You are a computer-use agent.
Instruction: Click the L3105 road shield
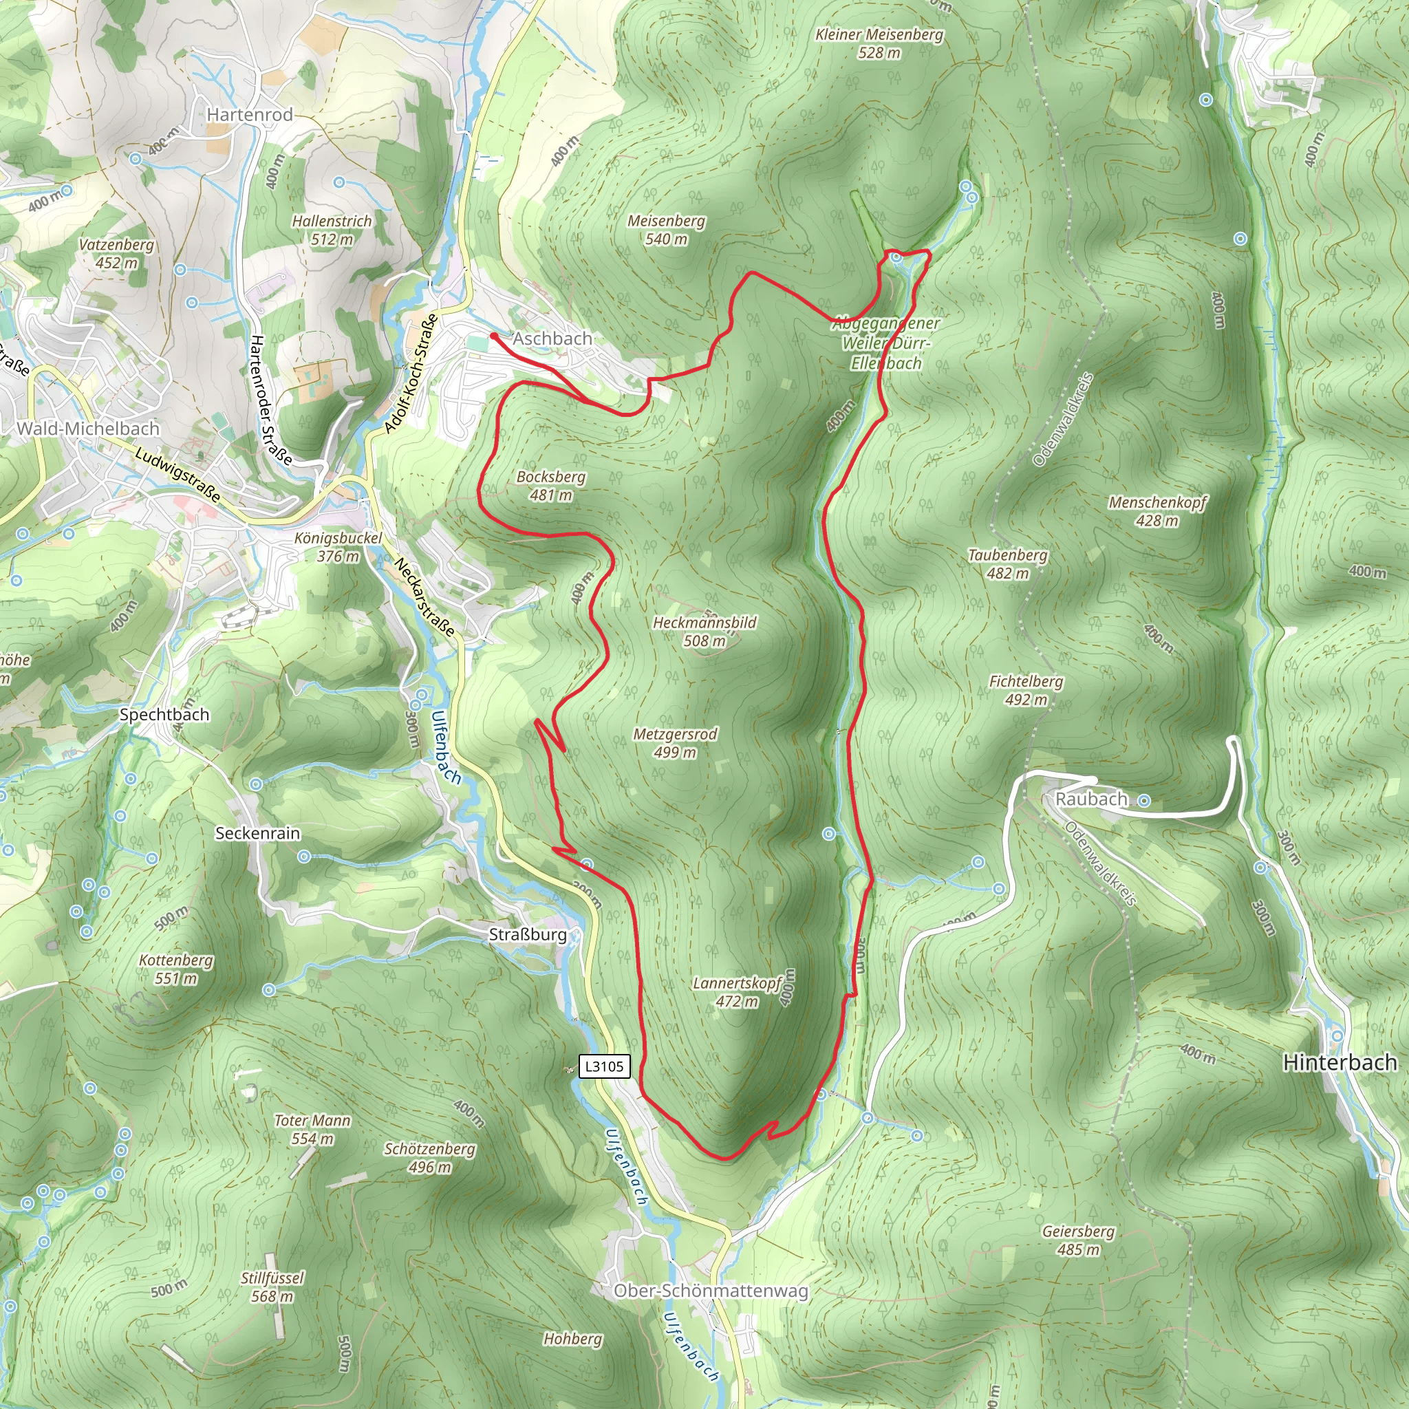604,1066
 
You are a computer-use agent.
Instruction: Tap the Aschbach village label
552,338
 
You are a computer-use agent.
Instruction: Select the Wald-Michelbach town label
88,428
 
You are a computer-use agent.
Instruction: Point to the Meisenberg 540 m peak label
667,230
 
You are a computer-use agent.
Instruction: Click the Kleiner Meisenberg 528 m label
879,43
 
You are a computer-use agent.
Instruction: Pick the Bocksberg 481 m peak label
550,486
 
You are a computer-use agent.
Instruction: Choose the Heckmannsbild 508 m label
704,632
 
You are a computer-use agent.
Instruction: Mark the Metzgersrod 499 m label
676,743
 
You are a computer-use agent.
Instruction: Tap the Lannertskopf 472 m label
738,992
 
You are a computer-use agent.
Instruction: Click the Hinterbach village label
1340,1062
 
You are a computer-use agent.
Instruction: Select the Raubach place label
1091,799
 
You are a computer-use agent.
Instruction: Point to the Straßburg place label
527,934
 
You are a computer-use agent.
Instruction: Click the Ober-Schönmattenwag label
711,1291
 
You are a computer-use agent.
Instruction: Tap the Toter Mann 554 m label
312,1130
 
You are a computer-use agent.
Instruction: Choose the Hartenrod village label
250,114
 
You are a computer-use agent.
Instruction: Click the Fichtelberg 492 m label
1025,690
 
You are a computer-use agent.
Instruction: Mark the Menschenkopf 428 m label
1157,511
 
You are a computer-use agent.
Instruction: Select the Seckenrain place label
257,833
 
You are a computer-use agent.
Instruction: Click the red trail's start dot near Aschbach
494,336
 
